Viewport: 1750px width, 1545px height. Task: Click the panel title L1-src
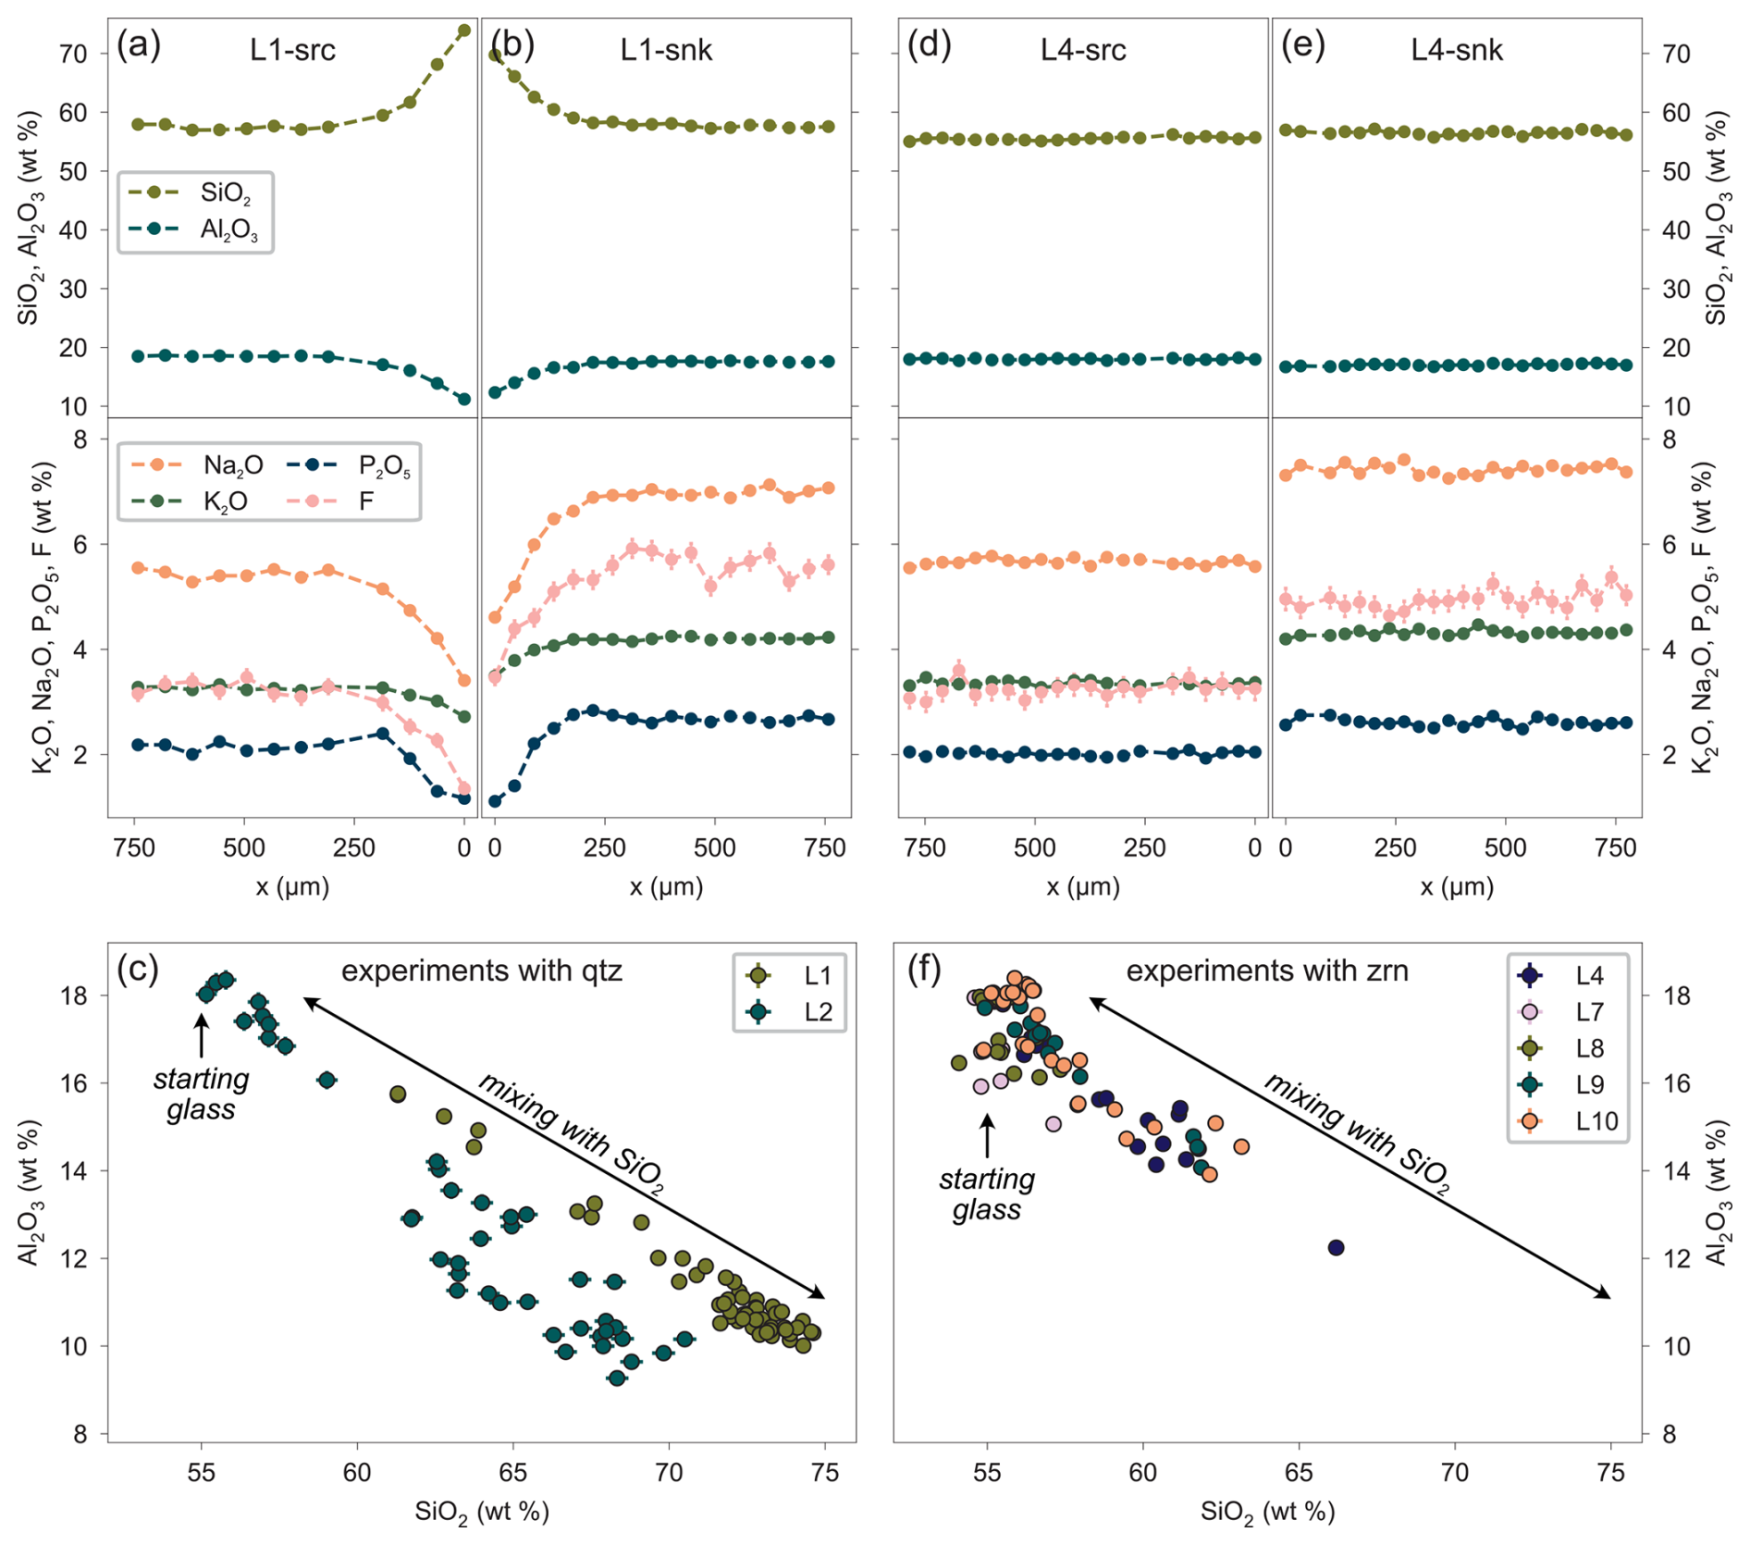pyautogui.click(x=292, y=49)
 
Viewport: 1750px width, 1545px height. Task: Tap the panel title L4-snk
pyautogui.click(x=1457, y=49)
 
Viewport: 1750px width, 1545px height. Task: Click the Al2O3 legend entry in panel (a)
pyautogui.click(x=194, y=229)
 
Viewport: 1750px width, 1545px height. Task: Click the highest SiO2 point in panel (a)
pyautogui.click(x=464, y=31)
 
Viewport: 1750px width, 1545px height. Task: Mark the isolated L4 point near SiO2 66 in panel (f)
pyautogui.click(x=1336, y=1248)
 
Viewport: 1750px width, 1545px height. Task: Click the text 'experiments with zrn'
pyautogui.click(x=1267, y=970)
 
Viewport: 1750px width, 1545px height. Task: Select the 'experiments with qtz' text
pyautogui.click(x=482, y=970)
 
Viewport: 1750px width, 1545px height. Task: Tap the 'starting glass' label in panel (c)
pyautogui.click(x=201, y=1094)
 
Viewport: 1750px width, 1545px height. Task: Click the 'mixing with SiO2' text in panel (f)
pyautogui.click(x=1356, y=1136)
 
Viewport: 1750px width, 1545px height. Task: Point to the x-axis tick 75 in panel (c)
pyautogui.click(x=825, y=1471)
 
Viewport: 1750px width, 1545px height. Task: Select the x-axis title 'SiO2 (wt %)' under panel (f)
pyautogui.click(x=1267, y=1512)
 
